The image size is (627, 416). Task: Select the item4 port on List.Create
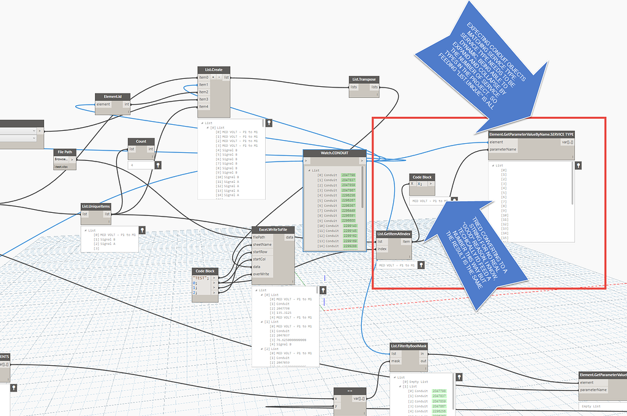204,106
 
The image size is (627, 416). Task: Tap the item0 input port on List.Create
204,78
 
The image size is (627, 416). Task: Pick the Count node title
141,141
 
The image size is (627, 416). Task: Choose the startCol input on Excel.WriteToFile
261,259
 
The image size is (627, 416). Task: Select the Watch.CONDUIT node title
334,153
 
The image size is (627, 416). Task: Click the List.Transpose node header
364,80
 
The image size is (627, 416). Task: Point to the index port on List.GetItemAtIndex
383,249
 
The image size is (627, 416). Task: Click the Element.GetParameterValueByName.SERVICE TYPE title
531,134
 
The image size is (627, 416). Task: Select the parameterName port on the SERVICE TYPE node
504,149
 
